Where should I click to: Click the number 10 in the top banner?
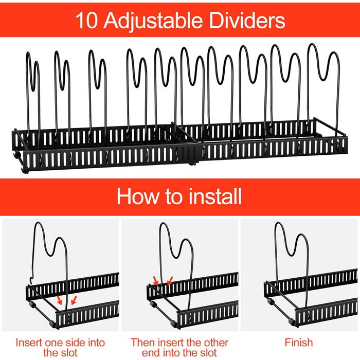86,21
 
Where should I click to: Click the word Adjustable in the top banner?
153,21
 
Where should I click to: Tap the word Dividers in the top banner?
247,20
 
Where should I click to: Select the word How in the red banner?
137,196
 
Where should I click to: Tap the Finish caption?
299,343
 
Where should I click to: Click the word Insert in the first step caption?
29,343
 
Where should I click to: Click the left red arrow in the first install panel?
60,300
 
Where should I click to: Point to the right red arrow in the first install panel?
74,300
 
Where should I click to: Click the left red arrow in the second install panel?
155,281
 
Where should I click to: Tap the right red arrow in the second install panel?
170,281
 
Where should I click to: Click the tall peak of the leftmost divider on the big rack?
28,53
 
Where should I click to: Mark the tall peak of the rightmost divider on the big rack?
312,45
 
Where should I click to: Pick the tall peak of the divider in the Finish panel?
278,224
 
